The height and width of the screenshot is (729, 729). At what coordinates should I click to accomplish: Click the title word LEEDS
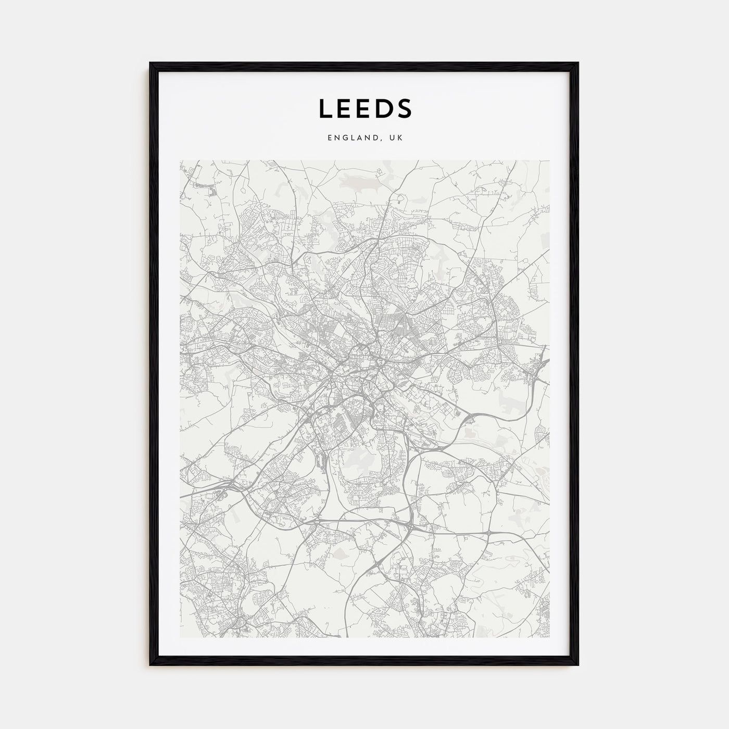click(364, 108)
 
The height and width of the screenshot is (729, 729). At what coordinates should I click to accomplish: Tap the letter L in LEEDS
click(324, 108)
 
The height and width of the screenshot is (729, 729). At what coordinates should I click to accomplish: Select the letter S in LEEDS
click(404, 108)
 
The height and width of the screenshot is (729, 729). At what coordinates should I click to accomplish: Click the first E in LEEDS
click(344, 108)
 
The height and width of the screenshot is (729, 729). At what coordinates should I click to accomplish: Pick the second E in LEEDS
click(363, 108)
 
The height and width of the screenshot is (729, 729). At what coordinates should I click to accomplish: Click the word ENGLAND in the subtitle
click(353, 138)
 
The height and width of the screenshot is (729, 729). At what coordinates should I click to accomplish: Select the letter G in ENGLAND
click(344, 138)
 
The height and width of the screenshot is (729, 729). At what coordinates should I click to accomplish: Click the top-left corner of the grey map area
click(180, 160)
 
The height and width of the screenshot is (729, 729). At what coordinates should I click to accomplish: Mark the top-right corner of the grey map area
click(549, 160)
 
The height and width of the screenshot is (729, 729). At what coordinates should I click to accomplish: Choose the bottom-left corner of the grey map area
click(180, 637)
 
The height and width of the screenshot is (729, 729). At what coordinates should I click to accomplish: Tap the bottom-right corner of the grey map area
click(549, 637)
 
